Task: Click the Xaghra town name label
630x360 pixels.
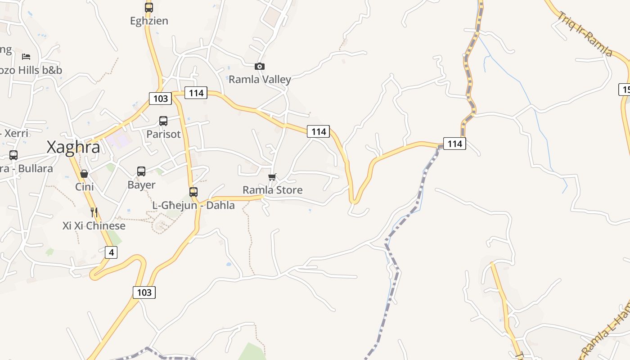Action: click(x=73, y=147)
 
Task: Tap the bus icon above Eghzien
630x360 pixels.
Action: click(x=149, y=7)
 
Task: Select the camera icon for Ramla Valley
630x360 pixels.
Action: click(x=260, y=67)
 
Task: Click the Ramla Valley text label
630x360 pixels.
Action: click(x=260, y=80)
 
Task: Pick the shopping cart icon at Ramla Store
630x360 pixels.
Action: click(x=272, y=177)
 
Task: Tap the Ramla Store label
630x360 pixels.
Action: click(x=272, y=190)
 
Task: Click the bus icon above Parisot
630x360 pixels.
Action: click(x=163, y=121)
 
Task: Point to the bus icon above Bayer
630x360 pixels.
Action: click(x=141, y=171)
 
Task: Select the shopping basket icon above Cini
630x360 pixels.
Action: click(x=84, y=174)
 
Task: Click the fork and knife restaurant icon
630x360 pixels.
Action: click(x=94, y=212)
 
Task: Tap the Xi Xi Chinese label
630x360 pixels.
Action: click(x=94, y=225)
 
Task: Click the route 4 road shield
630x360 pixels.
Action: click(x=111, y=252)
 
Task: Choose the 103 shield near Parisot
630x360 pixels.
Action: click(x=160, y=99)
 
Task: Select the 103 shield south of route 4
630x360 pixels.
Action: click(x=144, y=292)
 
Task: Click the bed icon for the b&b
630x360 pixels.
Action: click(x=26, y=57)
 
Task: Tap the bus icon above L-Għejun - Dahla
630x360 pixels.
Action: click(x=193, y=192)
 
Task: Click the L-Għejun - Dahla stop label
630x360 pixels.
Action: click(x=193, y=205)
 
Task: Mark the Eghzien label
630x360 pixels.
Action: click(x=149, y=21)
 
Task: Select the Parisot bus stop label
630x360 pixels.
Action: click(x=163, y=134)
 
